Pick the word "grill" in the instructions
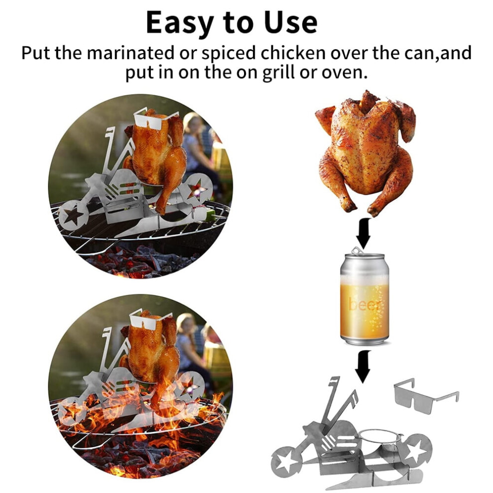click(x=278, y=73)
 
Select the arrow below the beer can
click(x=364, y=366)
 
